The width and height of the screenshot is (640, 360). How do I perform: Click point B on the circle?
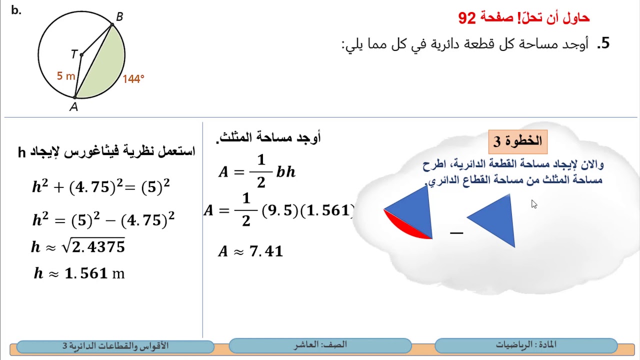113,24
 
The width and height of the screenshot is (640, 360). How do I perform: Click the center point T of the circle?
81,54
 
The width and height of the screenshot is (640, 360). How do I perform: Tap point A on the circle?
75,97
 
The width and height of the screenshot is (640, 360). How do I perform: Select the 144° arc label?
133,79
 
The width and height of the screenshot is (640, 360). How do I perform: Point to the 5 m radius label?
66,76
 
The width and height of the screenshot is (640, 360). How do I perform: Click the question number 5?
605,43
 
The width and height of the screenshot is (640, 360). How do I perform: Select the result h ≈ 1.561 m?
79,273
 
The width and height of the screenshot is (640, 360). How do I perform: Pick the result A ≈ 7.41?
250,251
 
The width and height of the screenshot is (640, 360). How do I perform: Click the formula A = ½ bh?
257,171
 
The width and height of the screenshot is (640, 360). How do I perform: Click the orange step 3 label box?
518,141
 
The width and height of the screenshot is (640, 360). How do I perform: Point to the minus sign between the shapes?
456,232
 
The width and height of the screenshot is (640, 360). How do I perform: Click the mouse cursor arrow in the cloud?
534,204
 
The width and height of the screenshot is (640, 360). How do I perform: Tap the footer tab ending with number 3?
115,346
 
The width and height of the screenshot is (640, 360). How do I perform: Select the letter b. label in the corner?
16,10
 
